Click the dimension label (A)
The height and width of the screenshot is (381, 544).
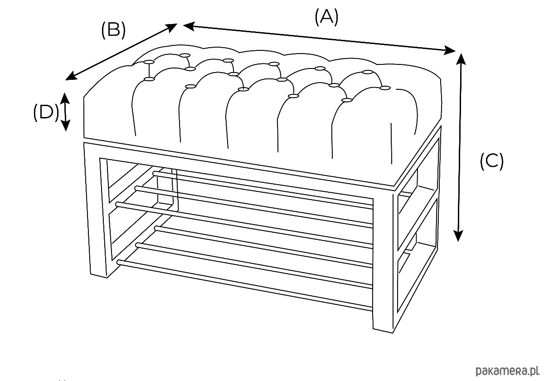coord(326,17)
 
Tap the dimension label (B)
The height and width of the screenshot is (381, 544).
coord(113,30)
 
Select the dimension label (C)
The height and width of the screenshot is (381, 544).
coord(491,161)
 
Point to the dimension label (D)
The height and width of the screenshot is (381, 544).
coord(46,112)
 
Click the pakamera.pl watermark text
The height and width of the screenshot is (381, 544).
coord(506,370)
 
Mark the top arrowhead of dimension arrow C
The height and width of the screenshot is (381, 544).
coord(461,57)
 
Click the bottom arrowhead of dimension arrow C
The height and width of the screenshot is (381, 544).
coord(459,237)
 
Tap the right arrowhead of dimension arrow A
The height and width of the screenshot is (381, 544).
coord(452,50)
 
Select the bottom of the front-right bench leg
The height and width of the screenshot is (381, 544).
coord(383,329)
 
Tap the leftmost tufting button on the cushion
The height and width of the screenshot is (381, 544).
coord(149,79)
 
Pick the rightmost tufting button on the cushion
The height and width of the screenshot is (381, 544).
coord(386,88)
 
